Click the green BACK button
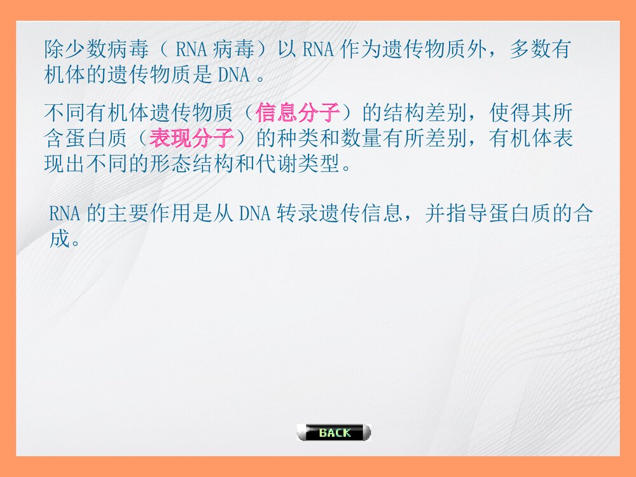pyautogui.click(x=334, y=433)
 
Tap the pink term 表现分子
pyautogui.click(x=191, y=139)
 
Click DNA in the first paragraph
pyautogui.click(x=234, y=75)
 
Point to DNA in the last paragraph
pyautogui.click(x=256, y=214)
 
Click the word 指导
pyautogui.click(x=467, y=214)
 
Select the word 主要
pyautogui.click(x=129, y=214)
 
